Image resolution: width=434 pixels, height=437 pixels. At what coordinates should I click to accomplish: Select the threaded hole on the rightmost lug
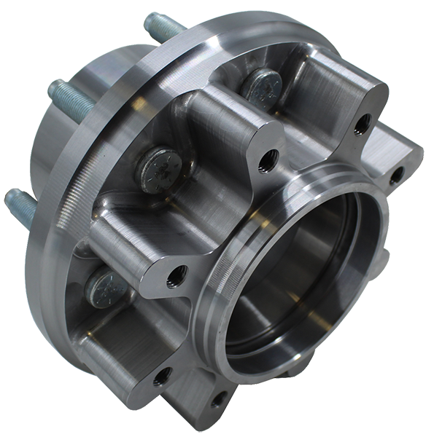(x=396, y=176)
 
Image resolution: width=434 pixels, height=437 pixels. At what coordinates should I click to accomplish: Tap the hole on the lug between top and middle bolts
(x=266, y=156)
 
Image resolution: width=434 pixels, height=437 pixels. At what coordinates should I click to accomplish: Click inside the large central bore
(x=306, y=277)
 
